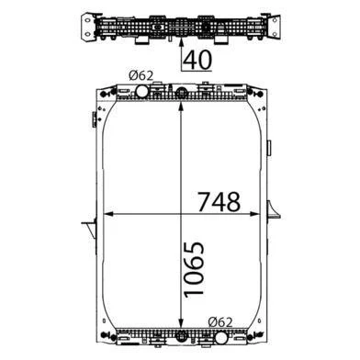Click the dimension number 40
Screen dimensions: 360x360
[x=198, y=60]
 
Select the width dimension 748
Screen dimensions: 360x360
[x=219, y=202]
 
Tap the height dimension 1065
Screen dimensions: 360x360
[x=194, y=270]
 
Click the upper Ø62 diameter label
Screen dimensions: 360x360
[x=141, y=75]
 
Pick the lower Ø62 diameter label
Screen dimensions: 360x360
[x=220, y=322]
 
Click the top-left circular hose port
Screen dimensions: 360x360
[x=141, y=91]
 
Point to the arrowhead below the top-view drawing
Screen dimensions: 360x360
[x=181, y=42]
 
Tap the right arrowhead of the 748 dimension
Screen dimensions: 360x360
[x=254, y=214]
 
